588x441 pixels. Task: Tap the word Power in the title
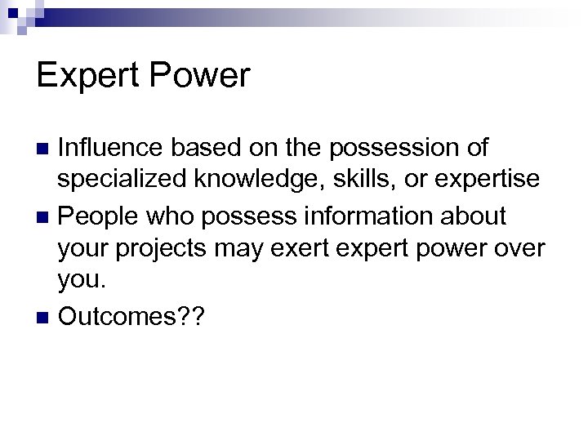tap(199, 76)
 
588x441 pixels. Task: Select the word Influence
tap(112, 148)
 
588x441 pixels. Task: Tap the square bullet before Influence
tap(45, 149)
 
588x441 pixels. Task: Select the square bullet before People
tap(45, 218)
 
